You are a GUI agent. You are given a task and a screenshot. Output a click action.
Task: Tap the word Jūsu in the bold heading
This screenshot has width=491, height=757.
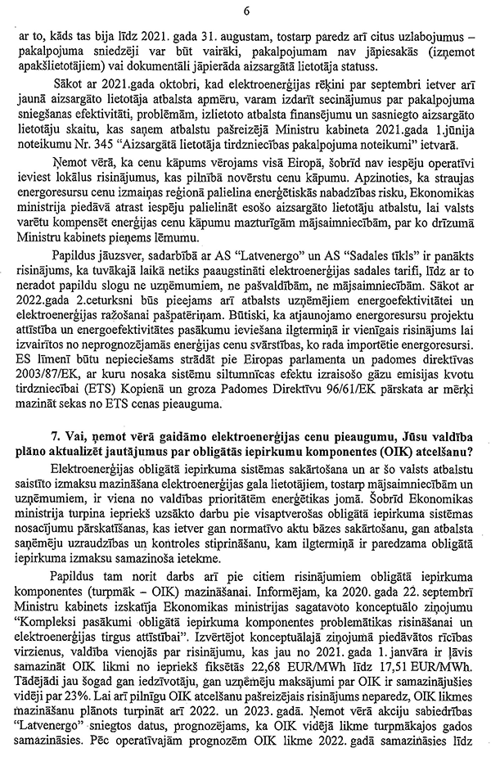point(423,448)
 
